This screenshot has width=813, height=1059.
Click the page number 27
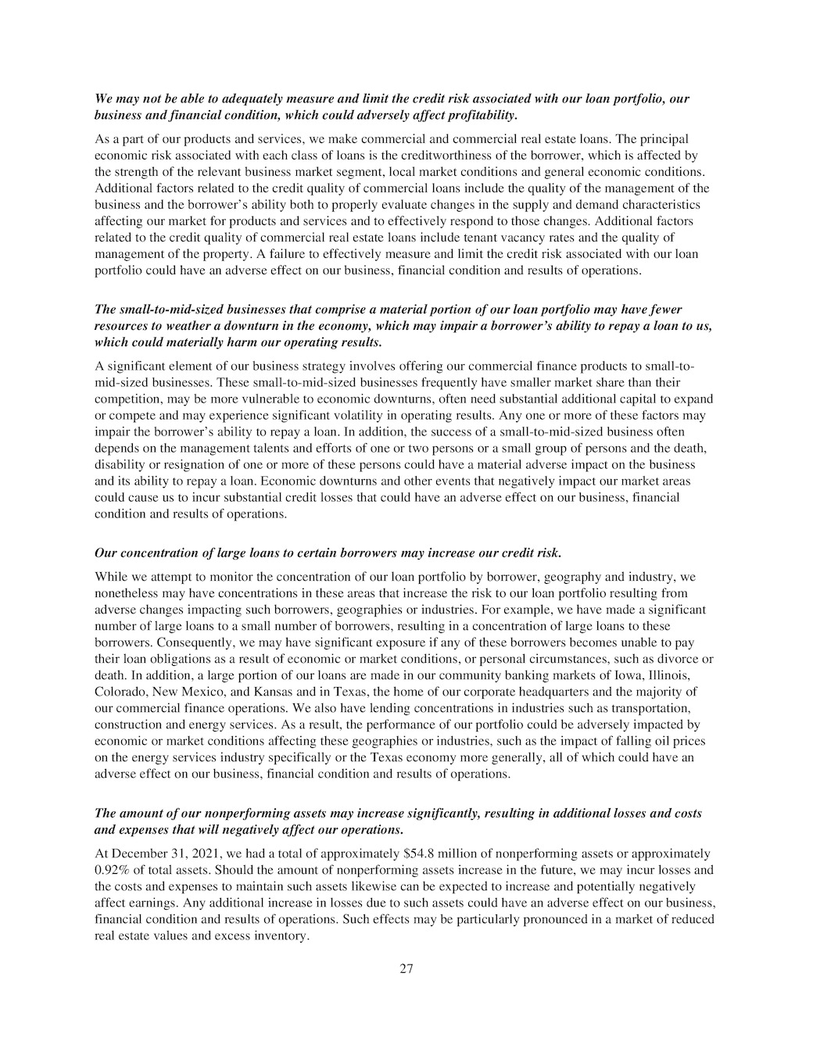coord(406,969)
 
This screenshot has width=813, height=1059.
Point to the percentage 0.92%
coord(112,870)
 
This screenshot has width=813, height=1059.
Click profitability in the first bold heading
coord(480,116)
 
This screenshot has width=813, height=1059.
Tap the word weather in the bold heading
coord(173,326)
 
